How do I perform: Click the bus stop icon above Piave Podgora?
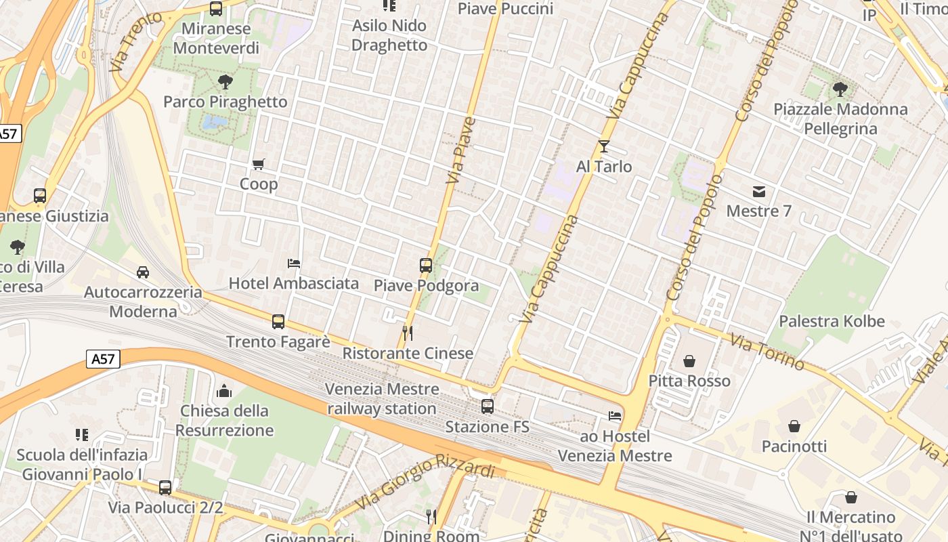426,266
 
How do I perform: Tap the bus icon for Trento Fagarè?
278,322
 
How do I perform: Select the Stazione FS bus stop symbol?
487,406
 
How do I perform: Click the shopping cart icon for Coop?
258,164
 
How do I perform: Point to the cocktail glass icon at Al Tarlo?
604,146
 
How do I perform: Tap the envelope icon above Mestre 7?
758,192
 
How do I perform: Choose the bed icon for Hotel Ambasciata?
294,263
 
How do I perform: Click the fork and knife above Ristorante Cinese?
408,333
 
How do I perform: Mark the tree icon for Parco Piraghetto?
225,82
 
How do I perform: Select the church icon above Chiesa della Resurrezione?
224,391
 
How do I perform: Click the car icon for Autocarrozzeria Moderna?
143,272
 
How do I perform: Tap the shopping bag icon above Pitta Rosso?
689,361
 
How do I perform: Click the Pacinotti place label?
794,446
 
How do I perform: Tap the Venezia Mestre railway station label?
382,399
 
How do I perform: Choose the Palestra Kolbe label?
832,321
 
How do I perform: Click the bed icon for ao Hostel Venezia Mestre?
615,416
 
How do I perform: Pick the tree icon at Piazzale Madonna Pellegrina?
840,89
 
